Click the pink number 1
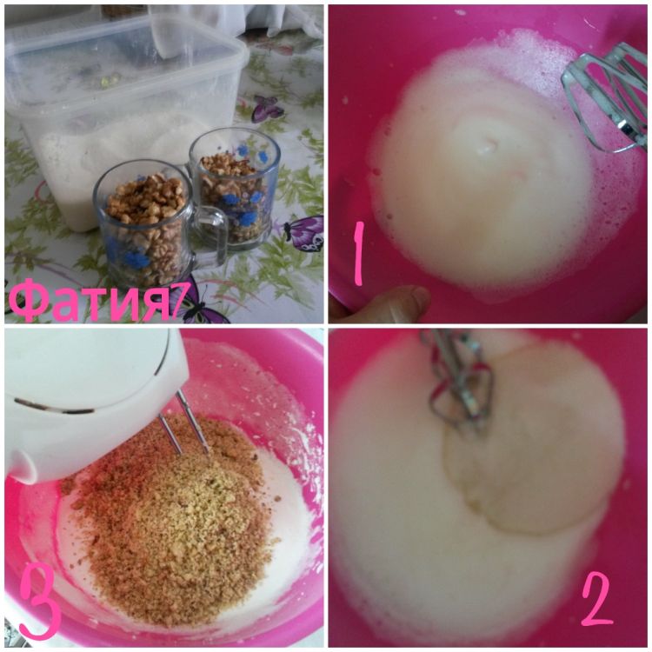click(x=358, y=253)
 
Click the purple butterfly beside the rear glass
click(x=304, y=232)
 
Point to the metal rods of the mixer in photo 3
click(x=183, y=422)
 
